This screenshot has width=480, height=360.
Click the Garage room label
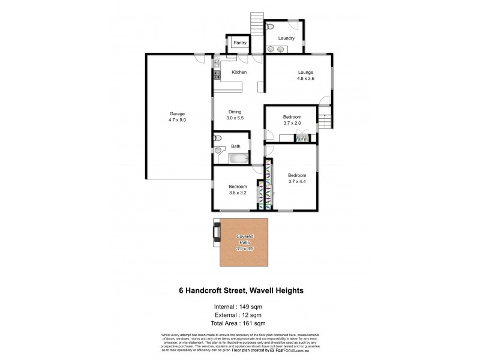(x=177, y=113)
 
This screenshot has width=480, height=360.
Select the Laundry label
(x=286, y=38)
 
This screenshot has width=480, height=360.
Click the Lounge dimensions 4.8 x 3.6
(x=306, y=79)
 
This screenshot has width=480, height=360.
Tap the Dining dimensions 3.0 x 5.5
(x=234, y=118)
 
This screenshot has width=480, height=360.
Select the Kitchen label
(x=239, y=72)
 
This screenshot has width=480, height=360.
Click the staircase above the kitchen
(x=256, y=25)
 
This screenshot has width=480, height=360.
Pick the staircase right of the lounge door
(x=325, y=119)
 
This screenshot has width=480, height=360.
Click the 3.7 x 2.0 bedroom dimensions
(x=292, y=123)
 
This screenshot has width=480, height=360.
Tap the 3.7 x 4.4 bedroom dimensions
(x=297, y=181)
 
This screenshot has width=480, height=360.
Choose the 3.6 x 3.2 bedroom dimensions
(x=238, y=193)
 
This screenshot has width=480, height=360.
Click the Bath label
(x=236, y=146)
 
